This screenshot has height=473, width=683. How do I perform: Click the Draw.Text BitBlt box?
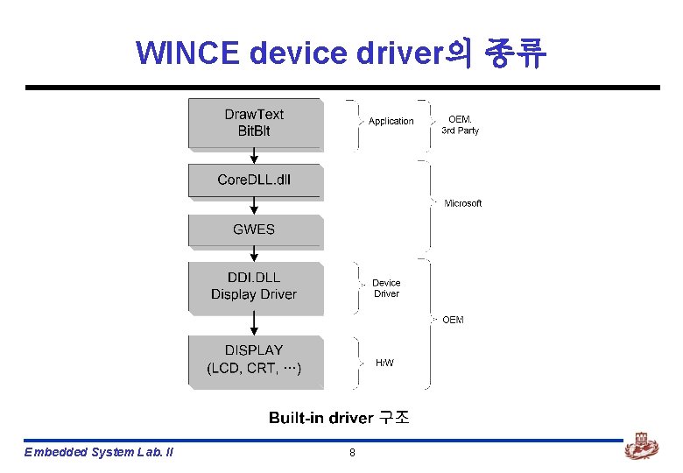(255, 124)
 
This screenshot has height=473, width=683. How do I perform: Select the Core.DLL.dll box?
(255, 180)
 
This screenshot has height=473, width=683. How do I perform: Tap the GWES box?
(255, 230)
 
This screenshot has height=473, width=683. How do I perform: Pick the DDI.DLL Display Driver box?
(255, 287)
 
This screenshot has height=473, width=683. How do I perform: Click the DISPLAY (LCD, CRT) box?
(255, 360)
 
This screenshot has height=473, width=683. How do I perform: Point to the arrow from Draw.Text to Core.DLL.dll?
(255, 157)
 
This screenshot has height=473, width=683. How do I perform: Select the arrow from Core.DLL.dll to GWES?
(255, 207)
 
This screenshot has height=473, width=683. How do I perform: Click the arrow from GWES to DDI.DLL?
(255, 254)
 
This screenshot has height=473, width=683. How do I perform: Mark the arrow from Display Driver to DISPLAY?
(255, 325)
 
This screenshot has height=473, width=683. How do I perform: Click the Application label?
(391, 122)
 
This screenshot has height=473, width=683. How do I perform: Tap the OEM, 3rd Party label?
(460, 125)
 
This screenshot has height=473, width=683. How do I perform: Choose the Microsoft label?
(463, 203)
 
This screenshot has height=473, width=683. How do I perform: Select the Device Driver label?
(386, 288)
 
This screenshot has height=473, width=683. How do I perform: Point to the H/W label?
(384, 363)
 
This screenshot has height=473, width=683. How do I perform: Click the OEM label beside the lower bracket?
(453, 320)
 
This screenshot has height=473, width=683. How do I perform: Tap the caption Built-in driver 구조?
(339, 418)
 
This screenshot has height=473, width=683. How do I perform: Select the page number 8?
(352, 452)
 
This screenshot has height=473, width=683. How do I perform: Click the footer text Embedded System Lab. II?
(99, 452)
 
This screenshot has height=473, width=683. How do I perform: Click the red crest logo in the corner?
(641, 448)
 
